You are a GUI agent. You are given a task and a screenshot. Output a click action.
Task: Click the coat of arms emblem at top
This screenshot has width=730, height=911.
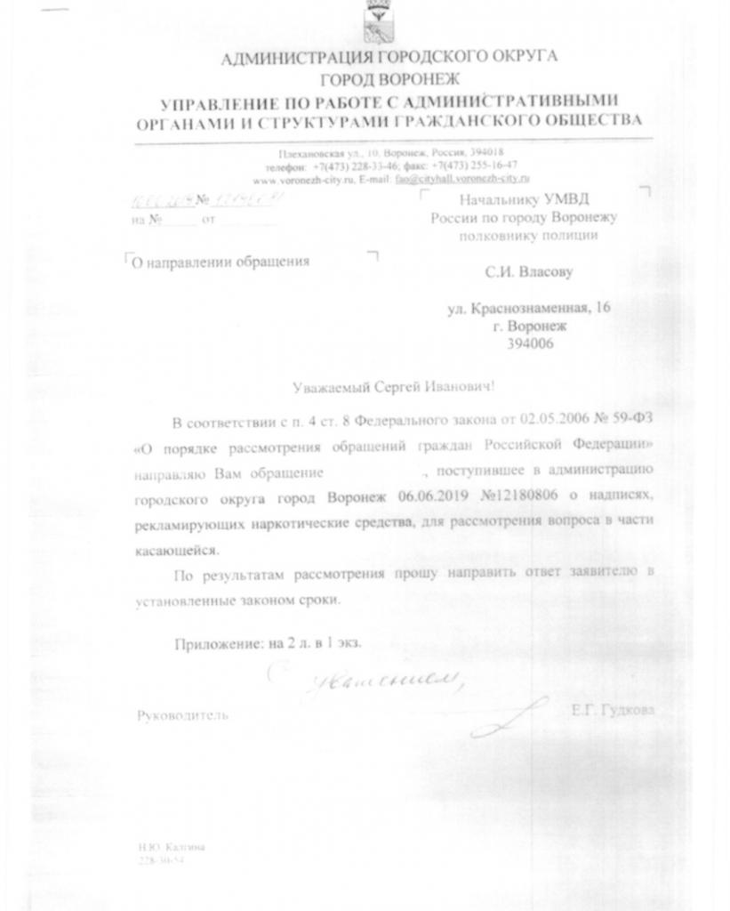click(377, 21)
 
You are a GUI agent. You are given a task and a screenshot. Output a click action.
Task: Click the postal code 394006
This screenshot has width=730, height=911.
click(529, 344)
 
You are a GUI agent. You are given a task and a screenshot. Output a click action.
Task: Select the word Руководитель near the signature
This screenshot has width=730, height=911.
click(182, 714)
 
